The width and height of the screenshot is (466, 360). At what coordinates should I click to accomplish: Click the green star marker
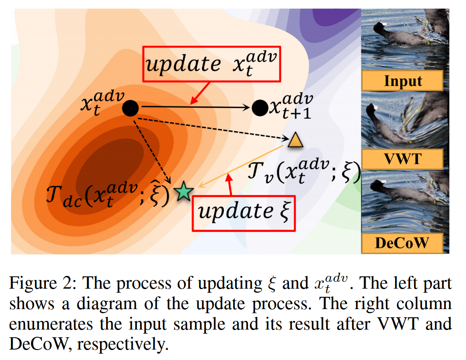pyautogui.click(x=184, y=192)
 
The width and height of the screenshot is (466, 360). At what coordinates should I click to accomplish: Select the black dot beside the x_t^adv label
pyautogui.click(x=130, y=108)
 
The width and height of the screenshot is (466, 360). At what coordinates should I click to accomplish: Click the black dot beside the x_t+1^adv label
pyautogui.click(x=260, y=108)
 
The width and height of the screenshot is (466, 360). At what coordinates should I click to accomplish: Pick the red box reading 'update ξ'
pyautogui.click(x=244, y=212)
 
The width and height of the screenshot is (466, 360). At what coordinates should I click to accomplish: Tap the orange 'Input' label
pyautogui.click(x=403, y=81)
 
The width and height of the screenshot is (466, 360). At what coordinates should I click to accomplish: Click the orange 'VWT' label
pyautogui.click(x=402, y=160)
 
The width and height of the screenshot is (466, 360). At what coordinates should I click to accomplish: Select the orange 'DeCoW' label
pyautogui.click(x=402, y=243)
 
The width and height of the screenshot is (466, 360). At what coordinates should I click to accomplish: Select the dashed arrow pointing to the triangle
pyautogui.click(x=214, y=128)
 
